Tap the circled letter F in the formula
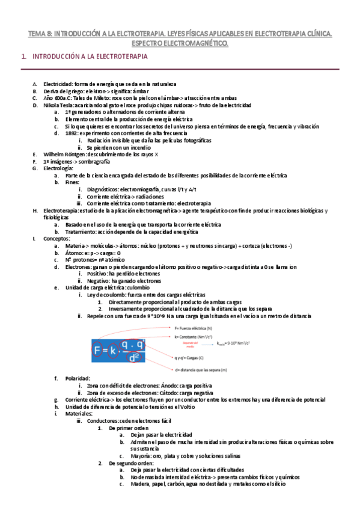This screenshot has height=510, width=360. tap(100, 349)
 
